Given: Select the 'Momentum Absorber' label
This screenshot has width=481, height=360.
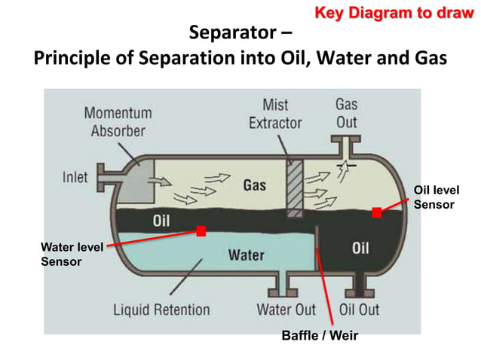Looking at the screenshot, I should pos(118,121).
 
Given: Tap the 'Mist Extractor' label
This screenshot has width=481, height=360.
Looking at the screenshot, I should pos(275,113).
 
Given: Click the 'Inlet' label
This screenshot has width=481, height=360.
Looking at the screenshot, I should pos(75,178).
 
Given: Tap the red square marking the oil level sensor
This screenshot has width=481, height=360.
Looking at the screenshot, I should pos(376,213).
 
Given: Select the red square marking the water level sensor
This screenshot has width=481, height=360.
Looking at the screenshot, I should pos(201,231).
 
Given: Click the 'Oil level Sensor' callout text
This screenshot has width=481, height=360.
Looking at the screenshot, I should pos(437,197).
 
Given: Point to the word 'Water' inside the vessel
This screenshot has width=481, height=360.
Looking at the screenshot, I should pos(246,255).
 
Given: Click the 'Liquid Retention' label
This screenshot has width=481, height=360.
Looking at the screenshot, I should pos(161,310).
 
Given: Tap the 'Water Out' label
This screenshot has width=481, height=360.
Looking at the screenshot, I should pos(286,310).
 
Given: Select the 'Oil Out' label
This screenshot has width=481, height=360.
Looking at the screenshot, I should pos(359,310).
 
